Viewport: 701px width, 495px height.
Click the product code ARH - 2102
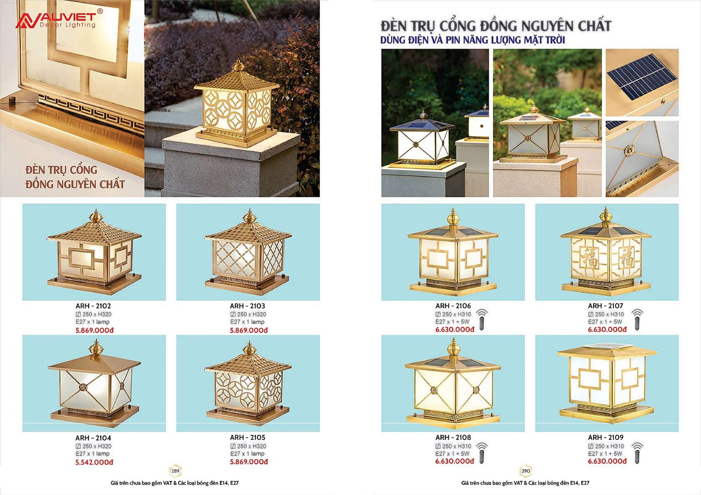click(x=93, y=306)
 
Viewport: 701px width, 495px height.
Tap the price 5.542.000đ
click(x=94, y=462)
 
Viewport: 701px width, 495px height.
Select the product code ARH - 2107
click(x=605, y=306)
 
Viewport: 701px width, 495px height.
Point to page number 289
click(x=175, y=471)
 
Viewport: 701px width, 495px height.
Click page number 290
click(x=526, y=471)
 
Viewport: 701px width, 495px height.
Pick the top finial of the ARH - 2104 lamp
click(x=94, y=348)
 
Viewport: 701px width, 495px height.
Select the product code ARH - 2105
click(x=247, y=437)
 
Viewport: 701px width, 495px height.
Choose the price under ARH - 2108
click(x=454, y=461)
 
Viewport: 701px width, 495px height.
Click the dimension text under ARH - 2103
click(x=248, y=314)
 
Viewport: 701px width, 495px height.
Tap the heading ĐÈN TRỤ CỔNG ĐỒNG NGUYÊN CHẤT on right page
click(x=496, y=26)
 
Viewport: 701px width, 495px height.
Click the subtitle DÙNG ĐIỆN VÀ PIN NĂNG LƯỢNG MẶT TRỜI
click(x=473, y=40)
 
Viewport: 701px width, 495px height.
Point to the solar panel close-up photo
click(x=642, y=82)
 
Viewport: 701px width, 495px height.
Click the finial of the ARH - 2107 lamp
click(x=606, y=216)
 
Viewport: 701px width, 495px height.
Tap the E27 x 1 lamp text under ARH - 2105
click(x=247, y=453)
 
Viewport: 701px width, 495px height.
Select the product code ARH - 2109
click(x=605, y=437)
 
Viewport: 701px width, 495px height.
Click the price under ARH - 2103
click(x=249, y=330)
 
